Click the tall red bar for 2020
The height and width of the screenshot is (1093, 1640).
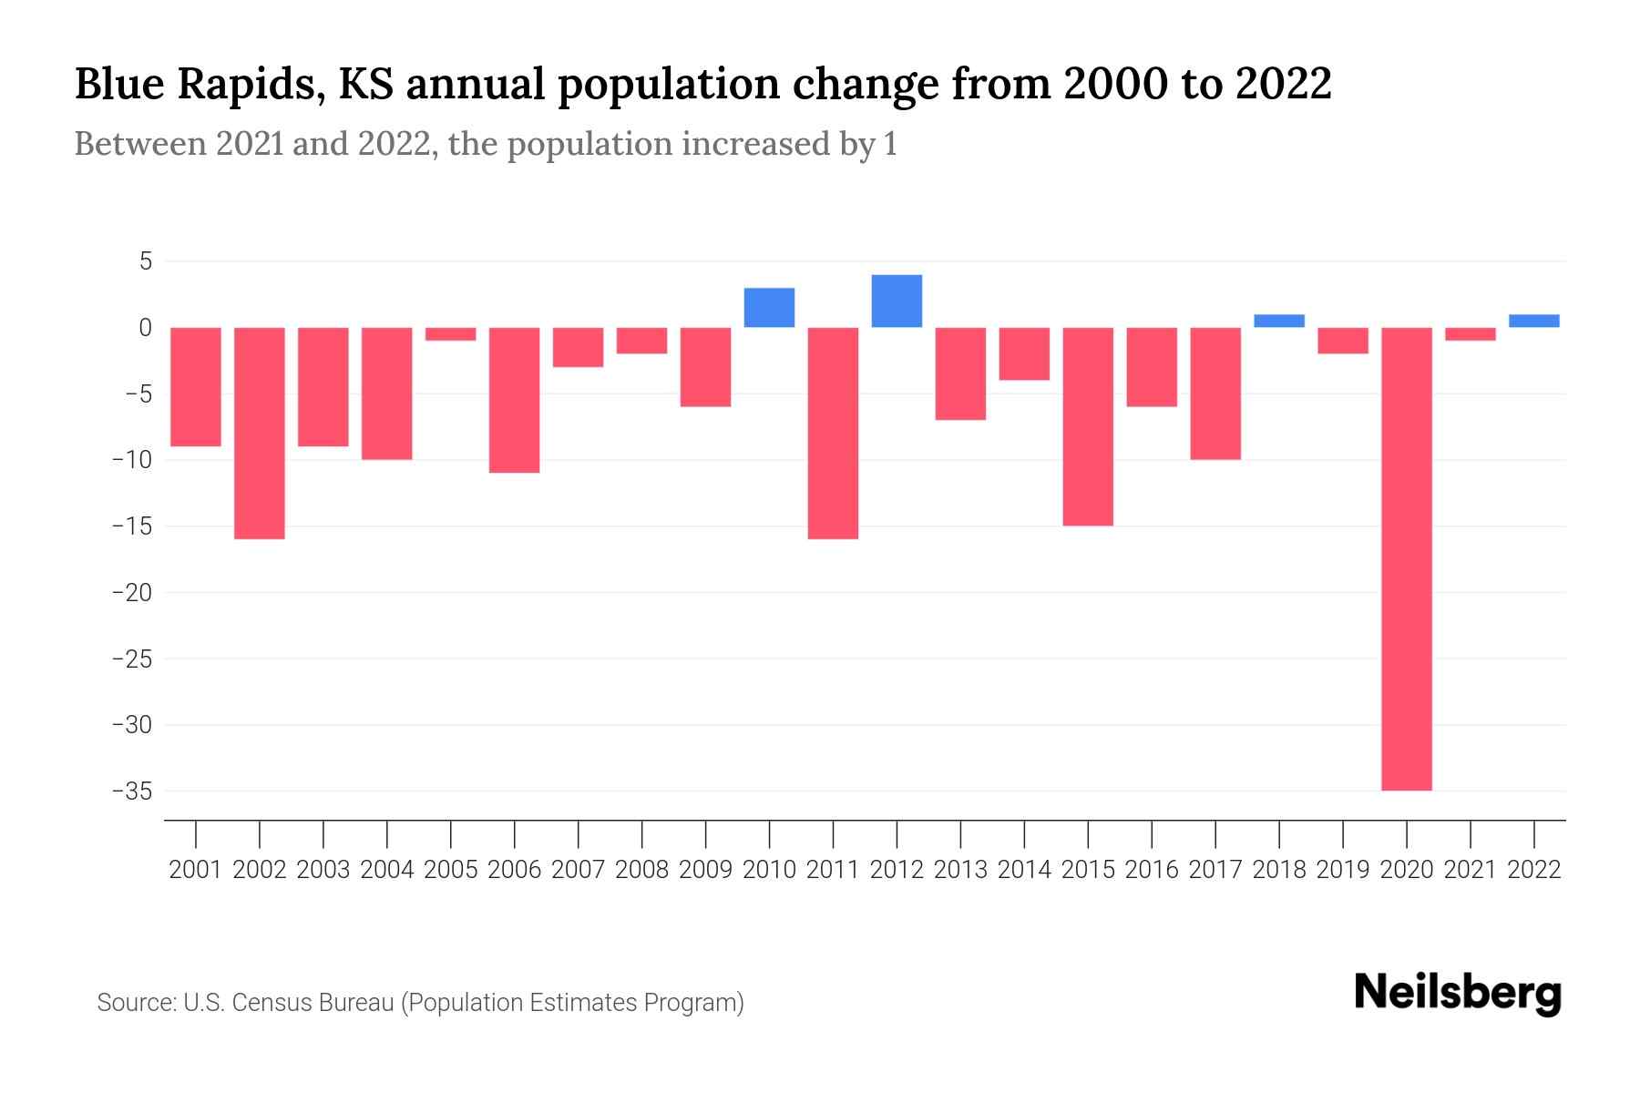tap(1406, 558)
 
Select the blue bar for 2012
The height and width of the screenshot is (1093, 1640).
tap(897, 301)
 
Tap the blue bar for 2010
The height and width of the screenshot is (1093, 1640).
tap(769, 308)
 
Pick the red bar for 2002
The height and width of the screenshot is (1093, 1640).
tap(260, 433)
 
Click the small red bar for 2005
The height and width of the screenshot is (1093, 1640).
tap(450, 334)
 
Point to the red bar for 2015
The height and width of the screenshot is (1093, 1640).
tap(1088, 426)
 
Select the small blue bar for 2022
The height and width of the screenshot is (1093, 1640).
tap(1533, 321)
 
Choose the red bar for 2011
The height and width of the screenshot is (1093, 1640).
tap(833, 433)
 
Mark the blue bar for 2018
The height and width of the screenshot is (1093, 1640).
tap(1279, 321)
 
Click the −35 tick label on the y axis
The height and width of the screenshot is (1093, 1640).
tap(131, 791)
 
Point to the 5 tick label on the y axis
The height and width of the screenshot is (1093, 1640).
tap(144, 262)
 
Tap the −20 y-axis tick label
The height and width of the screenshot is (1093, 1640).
tap(131, 593)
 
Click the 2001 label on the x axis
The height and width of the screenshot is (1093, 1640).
tap(196, 870)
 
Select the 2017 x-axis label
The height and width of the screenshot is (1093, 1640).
tap(1215, 870)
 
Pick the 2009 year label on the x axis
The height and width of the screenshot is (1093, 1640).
tap(705, 870)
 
